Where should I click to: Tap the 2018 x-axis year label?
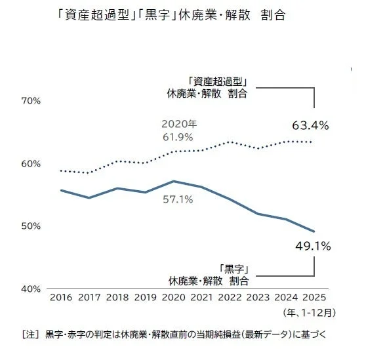[x=117, y=298]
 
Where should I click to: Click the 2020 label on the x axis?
[x=173, y=298]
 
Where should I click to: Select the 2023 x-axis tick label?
[x=258, y=298]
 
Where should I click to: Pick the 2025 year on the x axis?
[x=314, y=298]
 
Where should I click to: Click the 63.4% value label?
[x=310, y=125]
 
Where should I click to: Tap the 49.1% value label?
[x=310, y=247]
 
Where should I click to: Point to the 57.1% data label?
[x=178, y=199]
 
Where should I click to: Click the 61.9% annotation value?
[x=177, y=137]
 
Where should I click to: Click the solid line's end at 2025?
[x=314, y=231]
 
